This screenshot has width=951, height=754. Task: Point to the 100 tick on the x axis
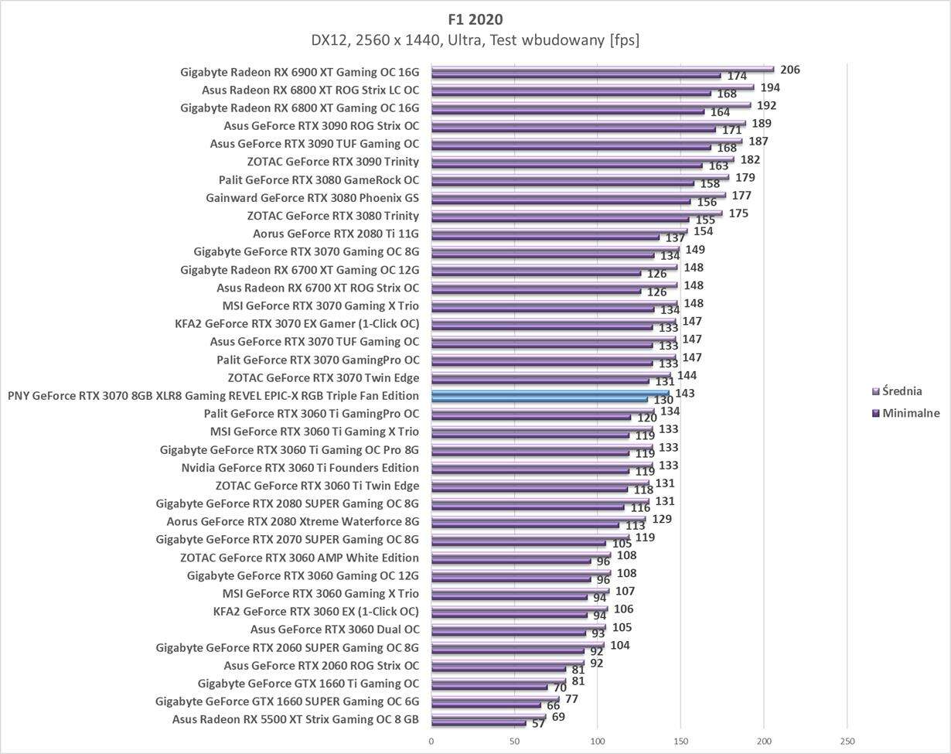(x=598, y=741)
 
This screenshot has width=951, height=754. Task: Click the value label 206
(x=789, y=70)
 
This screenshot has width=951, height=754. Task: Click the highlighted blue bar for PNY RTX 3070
(x=550, y=394)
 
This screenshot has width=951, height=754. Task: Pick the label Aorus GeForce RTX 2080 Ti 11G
(x=336, y=234)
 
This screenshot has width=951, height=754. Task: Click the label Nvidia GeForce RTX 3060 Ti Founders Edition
(x=300, y=468)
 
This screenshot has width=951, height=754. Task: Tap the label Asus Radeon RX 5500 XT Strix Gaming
(x=295, y=719)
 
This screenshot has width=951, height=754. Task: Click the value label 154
(x=703, y=231)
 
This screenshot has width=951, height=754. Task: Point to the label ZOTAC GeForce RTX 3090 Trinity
(x=332, y=162)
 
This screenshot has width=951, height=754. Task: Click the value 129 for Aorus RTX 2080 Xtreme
(x=661, y=519)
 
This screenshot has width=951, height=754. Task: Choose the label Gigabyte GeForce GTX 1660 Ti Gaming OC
(x=308, y=684)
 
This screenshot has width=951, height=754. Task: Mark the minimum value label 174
(x=737, y=77)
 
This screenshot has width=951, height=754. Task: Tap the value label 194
(x=769, y=87)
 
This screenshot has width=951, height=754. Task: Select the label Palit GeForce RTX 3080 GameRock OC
(x=319, y=180)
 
